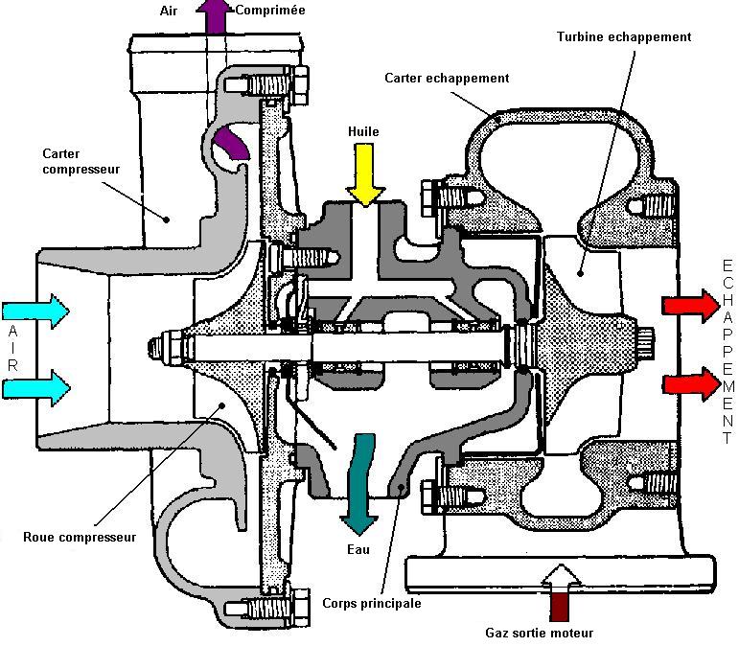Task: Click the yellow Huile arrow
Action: pos(365,173)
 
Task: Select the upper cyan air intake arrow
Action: pos(35,310)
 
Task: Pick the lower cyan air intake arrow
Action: pos(35,387)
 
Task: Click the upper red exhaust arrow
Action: pos(689,306)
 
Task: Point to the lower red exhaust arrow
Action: pos(689,383)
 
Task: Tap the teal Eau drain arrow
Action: pos(362,483)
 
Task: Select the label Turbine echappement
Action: pos(624,37)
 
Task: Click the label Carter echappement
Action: pos(447,78)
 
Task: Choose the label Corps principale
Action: pos(372,604)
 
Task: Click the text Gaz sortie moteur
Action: pos(540,633)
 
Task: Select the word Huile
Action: pos(365,131)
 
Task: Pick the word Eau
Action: pos(358,550)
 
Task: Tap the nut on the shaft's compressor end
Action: pos(156,346)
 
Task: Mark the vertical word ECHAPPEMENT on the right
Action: pos(727,345)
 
